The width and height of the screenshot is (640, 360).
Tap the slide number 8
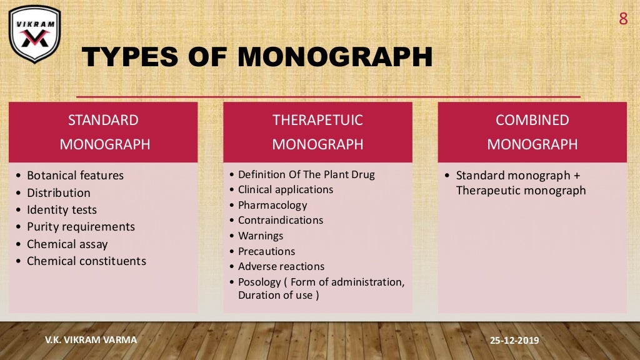pyautogui.click(x=622, y=19)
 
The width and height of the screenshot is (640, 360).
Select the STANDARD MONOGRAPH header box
pyautogui.click(x=103, y=132)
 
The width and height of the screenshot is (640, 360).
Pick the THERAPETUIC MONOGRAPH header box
pyautogui.click(x=317, y=132)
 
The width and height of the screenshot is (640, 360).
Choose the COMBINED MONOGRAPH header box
pyautogui.click(x=532, y=132)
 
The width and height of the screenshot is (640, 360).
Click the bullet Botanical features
pyautogui.click(x=75, y=176)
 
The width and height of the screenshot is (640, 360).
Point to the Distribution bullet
pyautogui.click(x=58, y=192)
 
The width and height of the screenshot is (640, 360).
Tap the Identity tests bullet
pyautogui.click(x=61, y=210)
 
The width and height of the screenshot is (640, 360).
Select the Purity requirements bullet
pyautogui.click(x=81, y=227)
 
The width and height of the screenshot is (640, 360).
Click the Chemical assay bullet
pyautogui.click(x=67, y=244)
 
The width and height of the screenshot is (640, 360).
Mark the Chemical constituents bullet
pyautogui.click(x=86, y=261)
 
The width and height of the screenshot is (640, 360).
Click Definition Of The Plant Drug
pyautogui.click(x=306, y=174)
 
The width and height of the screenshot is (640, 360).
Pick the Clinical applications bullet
pyautogui.click(x=286, y=189)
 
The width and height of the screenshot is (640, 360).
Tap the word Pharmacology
pyautogui.click(x=272, y=205)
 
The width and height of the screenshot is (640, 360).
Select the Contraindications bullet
pyautogui.click(x=281, y=220)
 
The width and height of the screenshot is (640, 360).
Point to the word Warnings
pyautogui.click(x=261, y=236)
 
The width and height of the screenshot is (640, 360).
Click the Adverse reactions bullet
pyautogui.click(x=281, y=266)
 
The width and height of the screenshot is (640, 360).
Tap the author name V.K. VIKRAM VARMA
pyautogui.click(x=91, y=339)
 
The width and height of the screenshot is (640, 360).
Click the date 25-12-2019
pyautogui.click(x=515, y=341)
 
